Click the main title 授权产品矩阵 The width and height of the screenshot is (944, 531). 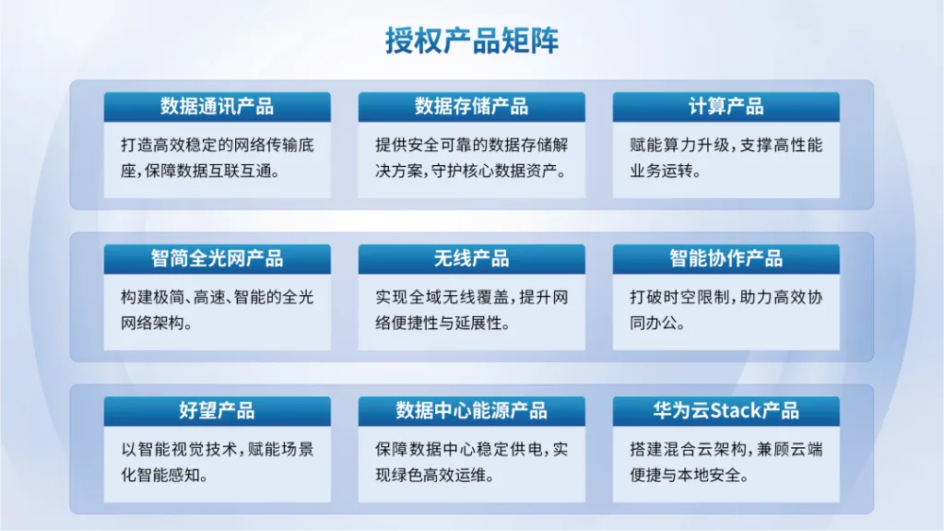pos(472,41)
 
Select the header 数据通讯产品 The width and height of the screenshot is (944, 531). pos(217,107)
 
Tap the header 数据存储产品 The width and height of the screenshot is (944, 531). pos(471,107)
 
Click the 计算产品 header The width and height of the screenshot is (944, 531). pos(726,107)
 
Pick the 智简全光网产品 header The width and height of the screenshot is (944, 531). pos(217,259)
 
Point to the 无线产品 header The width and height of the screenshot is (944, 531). pos(471,259)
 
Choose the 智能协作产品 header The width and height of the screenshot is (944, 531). pos(726,259)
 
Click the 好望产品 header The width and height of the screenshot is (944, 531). pos(217,411)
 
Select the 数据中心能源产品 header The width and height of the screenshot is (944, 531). pos(471,411)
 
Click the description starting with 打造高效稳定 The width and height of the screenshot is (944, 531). pos(218,158)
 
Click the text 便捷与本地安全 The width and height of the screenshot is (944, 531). pos(685,476)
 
